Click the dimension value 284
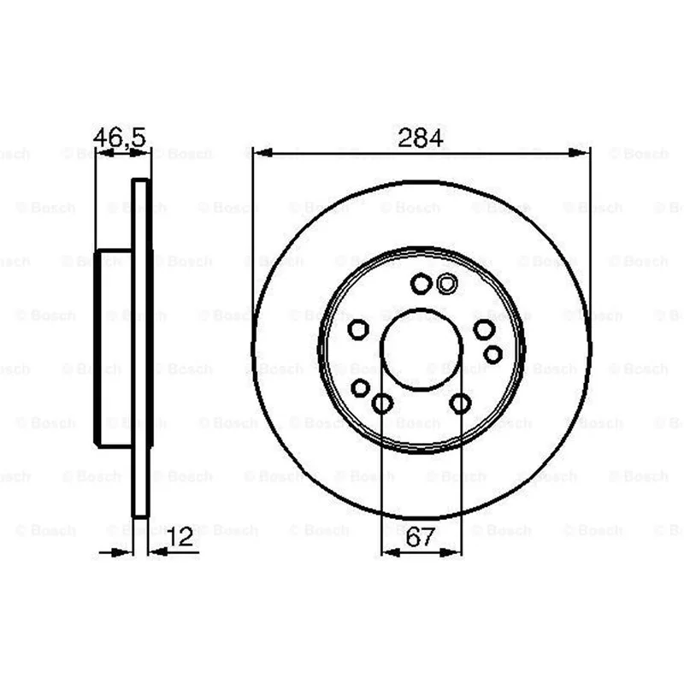tap(420, 139)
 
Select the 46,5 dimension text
tap(119, 138)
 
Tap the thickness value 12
tap(180, 537)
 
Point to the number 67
tap(421, 537)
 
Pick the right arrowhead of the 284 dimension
tap(580, 153)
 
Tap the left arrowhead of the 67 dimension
tap(391, 552)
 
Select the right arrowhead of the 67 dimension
tap(451, 552)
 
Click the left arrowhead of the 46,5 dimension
tap(104, 153)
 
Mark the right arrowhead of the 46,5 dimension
tap(140, 153)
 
